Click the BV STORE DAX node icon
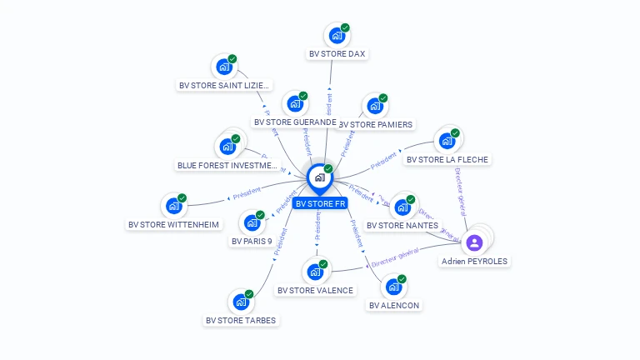pos(336,36)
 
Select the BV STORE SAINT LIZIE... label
pos(224,85)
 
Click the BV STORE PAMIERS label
pos(376,125)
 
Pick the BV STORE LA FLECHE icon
pos(447,140)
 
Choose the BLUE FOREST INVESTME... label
pos(227,165)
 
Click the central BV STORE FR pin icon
pos(319,177)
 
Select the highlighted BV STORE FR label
pos(320,203)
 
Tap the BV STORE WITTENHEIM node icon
pos(173,205)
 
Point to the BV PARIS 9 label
pos(252,242)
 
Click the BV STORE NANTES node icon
pos(402,206)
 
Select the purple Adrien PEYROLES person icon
pos(474,242)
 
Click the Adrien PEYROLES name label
pos(474,261)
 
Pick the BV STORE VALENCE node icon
pos(314,272)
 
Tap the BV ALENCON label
pos(394,306)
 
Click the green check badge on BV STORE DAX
pos(345,27)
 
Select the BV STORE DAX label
pos(337,54)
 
